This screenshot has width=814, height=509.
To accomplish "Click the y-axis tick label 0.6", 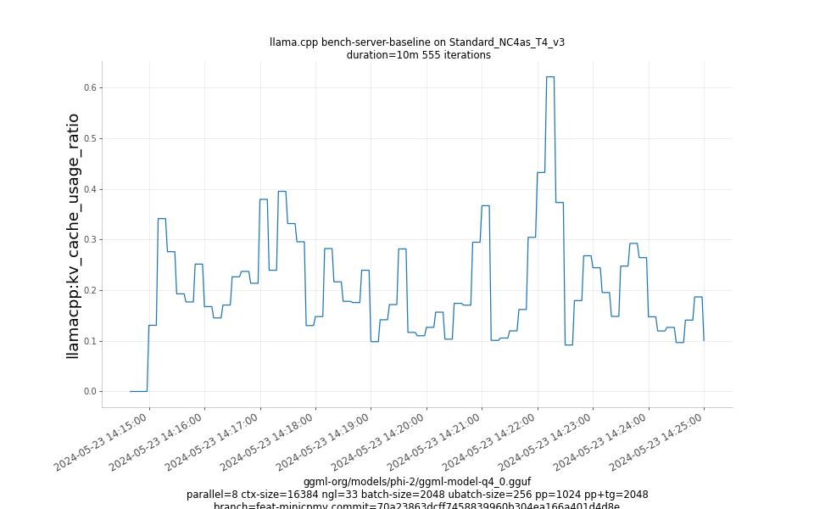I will tap(90, 87).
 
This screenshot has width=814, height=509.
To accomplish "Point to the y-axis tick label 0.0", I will tap(90, 392).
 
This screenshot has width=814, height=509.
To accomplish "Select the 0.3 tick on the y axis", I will tap(90, 240).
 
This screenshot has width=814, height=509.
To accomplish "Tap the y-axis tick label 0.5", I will tap(90, 138).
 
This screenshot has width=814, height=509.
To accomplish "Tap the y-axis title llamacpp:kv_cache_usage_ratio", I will tap(73, 236).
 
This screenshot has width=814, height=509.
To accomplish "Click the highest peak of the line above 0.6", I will tap(550, 77).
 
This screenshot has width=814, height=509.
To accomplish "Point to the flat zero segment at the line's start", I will tap(138, 391).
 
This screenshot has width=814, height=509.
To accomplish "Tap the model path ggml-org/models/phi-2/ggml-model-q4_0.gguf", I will tap(417, 482).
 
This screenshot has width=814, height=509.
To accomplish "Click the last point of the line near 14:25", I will tap(704, 340).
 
